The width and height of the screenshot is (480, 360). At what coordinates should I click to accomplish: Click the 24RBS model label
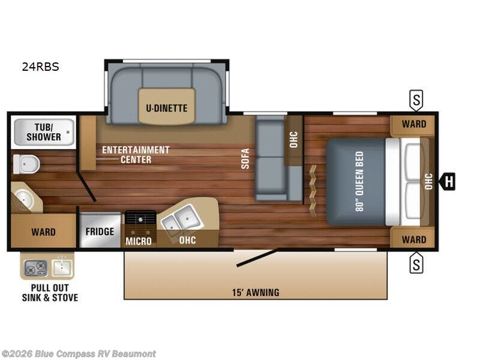(41, 67)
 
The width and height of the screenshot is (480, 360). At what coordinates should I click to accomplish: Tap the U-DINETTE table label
(167, 108)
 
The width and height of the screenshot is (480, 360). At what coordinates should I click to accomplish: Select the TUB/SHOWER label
(43, 132)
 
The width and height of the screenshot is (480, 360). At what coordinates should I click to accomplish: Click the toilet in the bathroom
(25, 163)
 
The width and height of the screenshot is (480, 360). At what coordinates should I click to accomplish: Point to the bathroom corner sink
(24, 197)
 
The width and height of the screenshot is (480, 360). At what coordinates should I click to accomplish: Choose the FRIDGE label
(100, 232)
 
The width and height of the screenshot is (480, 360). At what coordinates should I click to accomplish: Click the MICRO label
(139, 241)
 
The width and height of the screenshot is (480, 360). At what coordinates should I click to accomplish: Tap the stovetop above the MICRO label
(140, 221)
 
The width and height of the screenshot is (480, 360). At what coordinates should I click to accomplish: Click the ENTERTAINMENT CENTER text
(136, 154)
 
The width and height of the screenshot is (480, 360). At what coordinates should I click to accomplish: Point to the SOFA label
(245, 158)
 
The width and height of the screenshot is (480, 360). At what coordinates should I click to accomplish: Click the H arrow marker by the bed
(448, 181)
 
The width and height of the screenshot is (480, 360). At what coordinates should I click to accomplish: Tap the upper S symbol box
(416, 100)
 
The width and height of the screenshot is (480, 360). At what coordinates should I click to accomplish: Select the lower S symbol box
(416, 262)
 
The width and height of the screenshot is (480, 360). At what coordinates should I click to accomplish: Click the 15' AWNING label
(256, 292)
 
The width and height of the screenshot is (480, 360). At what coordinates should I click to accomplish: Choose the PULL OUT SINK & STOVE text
(50, 293)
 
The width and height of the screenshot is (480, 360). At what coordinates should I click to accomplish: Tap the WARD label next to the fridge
(43, 232)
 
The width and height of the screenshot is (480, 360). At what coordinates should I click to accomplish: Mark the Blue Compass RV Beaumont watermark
(79, 353)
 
